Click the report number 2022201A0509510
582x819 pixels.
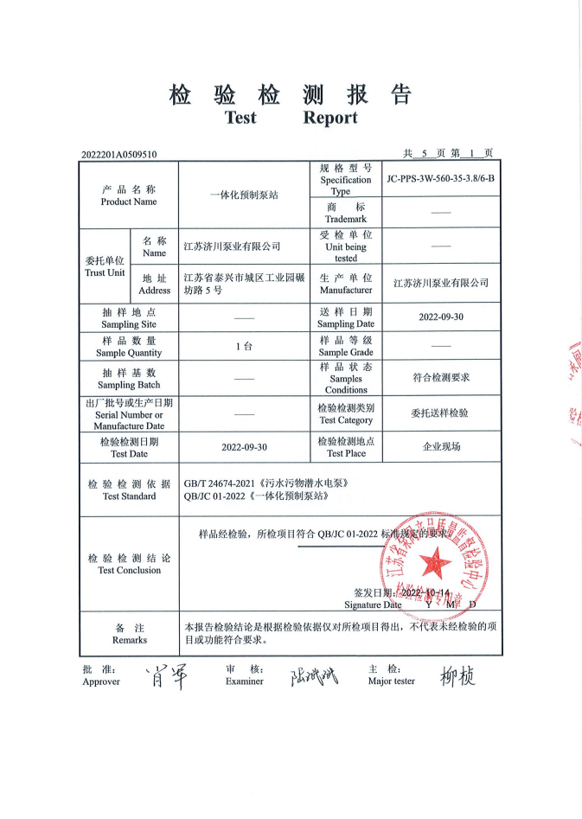[119, 155]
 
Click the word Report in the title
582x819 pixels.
[329, 118]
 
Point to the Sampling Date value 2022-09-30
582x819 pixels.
[441, 317]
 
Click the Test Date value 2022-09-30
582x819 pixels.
[244, 447]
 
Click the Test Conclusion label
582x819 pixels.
[129, 564]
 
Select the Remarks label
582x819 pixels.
[129, 634]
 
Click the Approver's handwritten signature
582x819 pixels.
[157, 674]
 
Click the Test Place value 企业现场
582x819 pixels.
[441, 447]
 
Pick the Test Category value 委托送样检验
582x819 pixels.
[440, 413]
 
